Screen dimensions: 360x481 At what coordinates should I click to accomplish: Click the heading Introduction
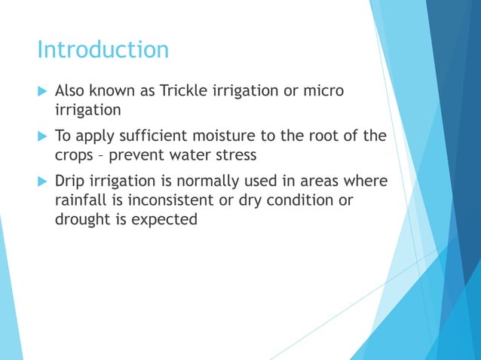[103, 50]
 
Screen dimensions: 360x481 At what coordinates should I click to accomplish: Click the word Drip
[71, 182]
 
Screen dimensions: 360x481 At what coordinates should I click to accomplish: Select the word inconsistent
[173, 200]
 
